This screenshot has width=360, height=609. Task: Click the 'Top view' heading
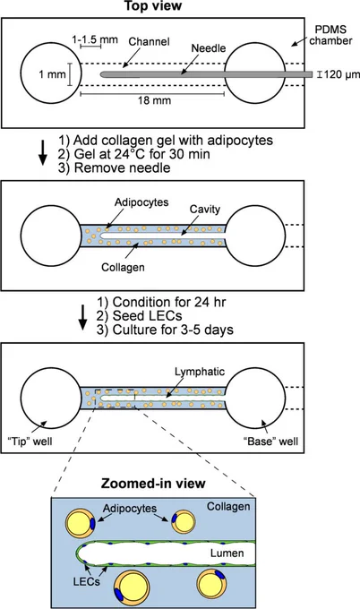(152, 6)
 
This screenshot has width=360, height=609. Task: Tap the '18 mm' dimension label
(155, 100)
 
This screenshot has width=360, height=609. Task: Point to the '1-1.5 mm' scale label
(95, 39)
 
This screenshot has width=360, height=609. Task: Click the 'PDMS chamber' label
(330, 35)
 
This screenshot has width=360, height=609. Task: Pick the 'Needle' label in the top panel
(209, 48)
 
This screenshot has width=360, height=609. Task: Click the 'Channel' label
(150, 41)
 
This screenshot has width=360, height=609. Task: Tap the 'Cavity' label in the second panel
(205, 209)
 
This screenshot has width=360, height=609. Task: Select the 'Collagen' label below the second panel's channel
(123, 267)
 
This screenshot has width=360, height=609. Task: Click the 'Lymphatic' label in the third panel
(200, 372)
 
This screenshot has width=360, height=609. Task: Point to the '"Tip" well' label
(30, 442)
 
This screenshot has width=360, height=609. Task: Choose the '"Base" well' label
(273, 442)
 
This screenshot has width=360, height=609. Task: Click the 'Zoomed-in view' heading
(153, 484)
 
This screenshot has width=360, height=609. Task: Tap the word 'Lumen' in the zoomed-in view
(227, 553)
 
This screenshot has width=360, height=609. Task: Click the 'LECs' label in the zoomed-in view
(86, 581)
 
